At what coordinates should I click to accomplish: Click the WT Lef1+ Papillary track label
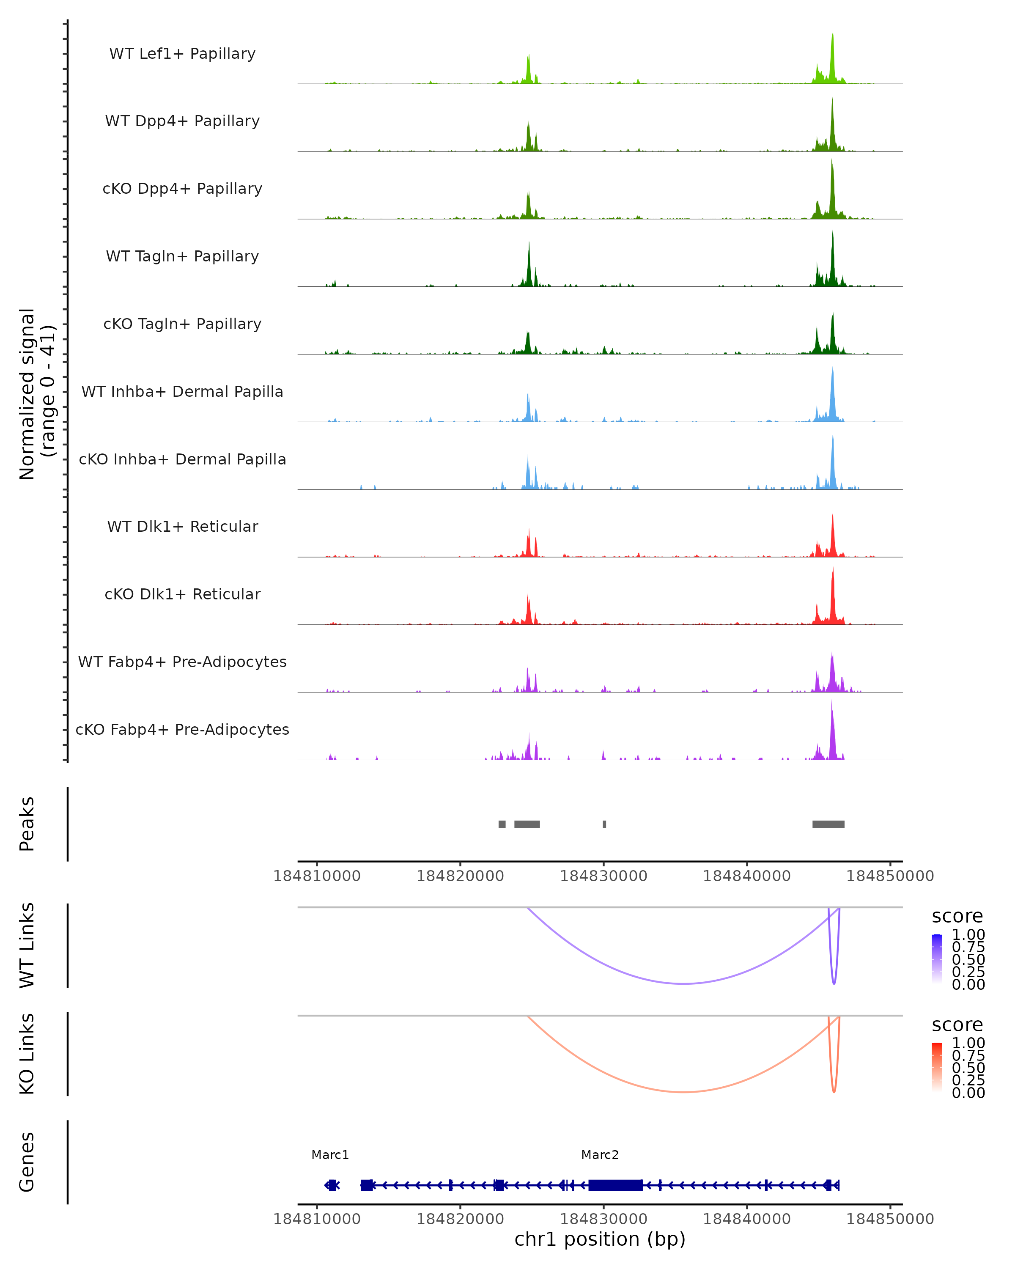tap(182, 54)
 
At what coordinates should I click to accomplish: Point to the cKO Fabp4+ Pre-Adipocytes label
tap(182, 729)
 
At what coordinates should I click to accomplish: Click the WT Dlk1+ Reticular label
tap(182, 526)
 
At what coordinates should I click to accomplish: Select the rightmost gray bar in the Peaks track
tap(828, 824)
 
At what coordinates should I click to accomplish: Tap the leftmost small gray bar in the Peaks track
tap(502, 824)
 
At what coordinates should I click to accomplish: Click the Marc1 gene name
tap(330, 1155)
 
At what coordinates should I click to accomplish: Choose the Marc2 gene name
tap(600, 1155)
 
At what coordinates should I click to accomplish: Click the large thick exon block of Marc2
tap(615, 1185)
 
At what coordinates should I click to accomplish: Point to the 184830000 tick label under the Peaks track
tap(603, 876)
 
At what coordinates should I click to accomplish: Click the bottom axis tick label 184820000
tap(460, 1219)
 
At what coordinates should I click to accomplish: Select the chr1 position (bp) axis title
tap(600, 1239)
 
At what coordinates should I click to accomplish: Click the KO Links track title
tap(27, 1054)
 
